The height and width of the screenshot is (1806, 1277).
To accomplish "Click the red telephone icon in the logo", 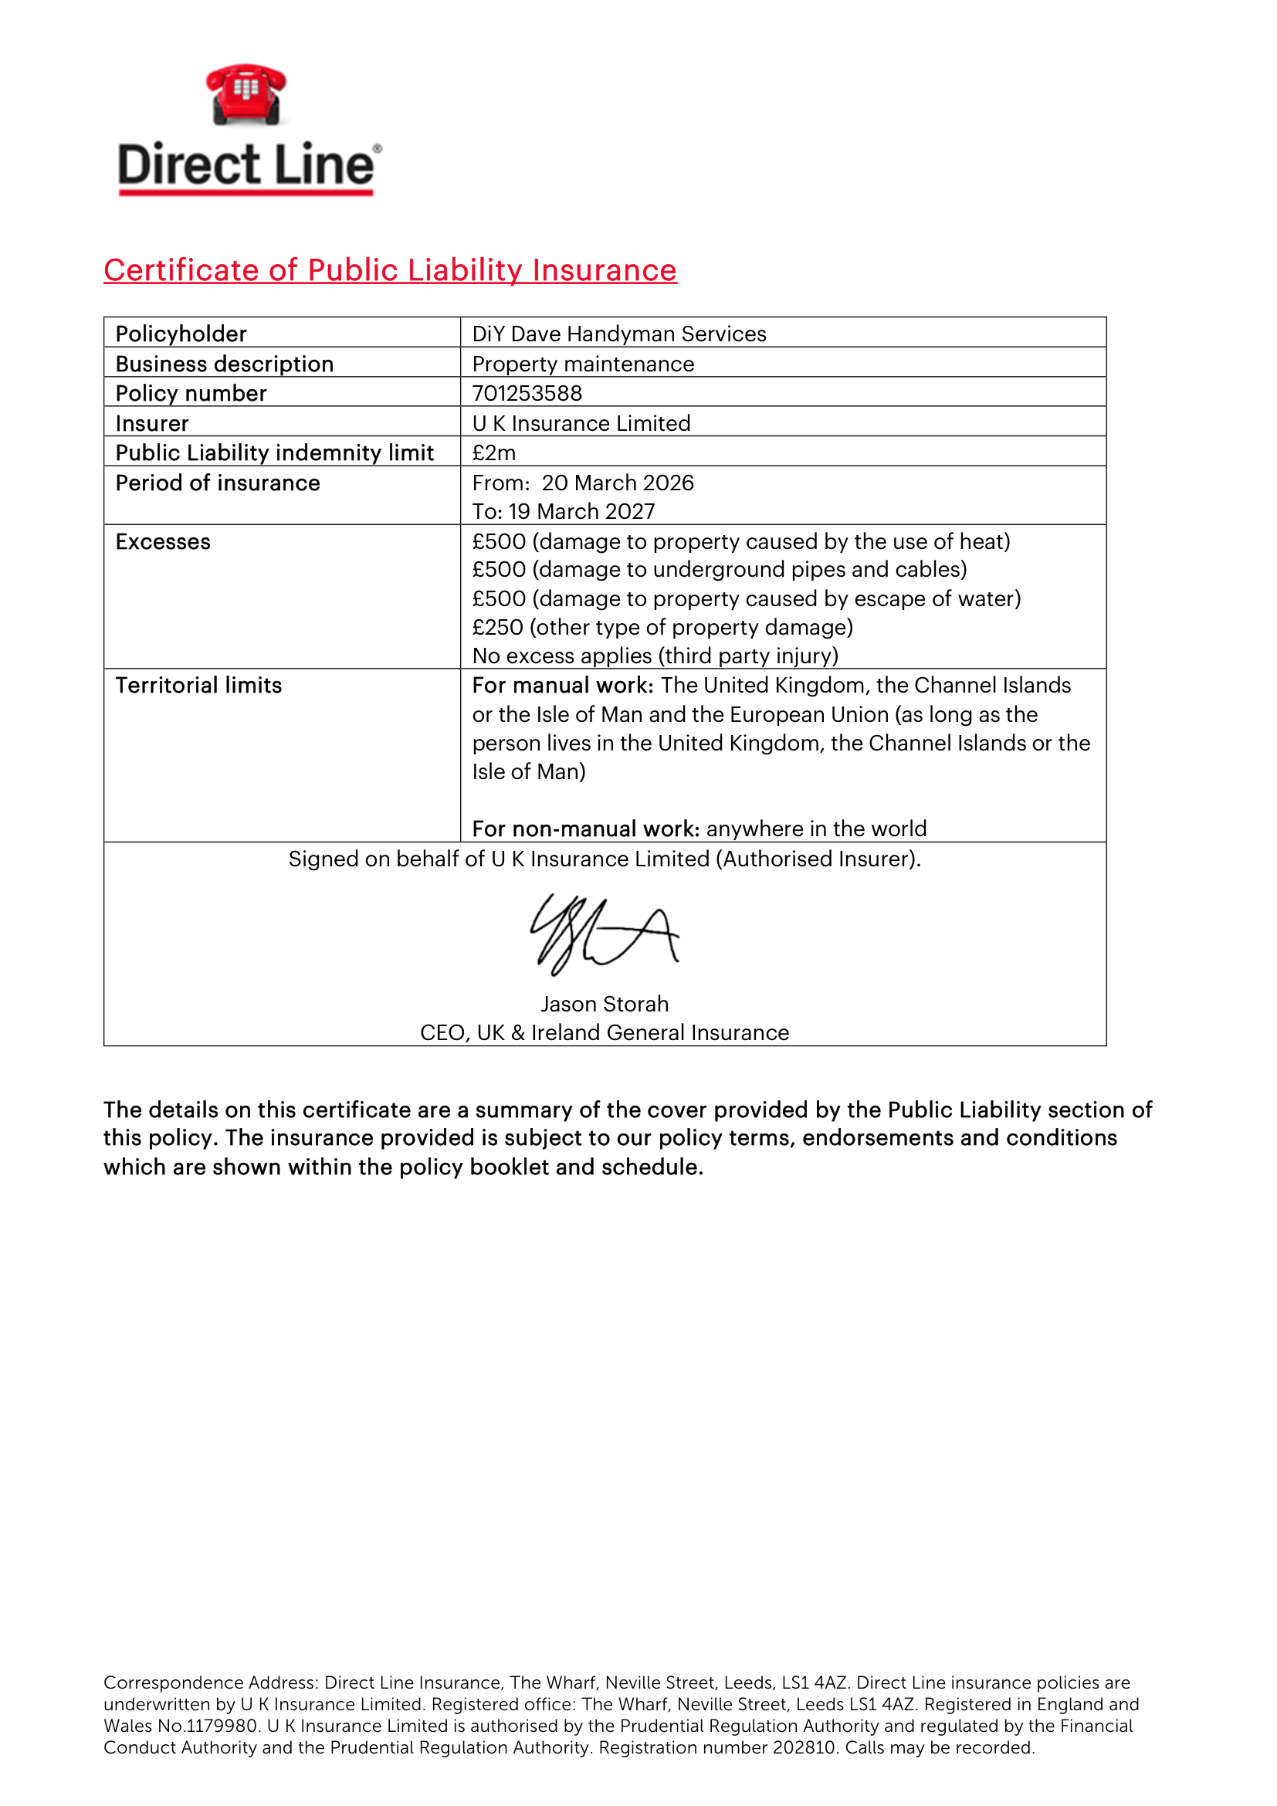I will tap(246, 94).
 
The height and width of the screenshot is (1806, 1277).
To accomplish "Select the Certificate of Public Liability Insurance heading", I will tap(390, 269).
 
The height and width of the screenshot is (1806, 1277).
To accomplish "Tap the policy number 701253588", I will tap(527, 393).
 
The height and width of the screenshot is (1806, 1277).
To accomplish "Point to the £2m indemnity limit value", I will tap(494, 453).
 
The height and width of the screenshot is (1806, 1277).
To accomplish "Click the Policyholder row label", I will tap(181, 334).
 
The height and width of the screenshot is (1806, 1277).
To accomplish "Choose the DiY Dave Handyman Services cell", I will tap(619, 334).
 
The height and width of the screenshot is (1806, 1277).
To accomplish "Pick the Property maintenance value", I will tap(583, 364).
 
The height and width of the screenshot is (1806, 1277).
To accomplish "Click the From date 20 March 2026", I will tap(618, 483).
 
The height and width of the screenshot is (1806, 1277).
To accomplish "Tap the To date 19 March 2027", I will tap(581, 512).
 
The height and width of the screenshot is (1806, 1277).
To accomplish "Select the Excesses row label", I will tap(163, 542).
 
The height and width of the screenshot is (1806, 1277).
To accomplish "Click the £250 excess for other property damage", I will tap(662, 628).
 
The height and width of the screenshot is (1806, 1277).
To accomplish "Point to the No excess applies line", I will tap(655, 656).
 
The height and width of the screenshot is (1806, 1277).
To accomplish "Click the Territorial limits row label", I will tap(198, 686).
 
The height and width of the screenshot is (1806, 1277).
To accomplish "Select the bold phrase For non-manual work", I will tap(586, 829).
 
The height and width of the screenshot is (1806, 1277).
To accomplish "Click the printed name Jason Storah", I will tap(604, 1005).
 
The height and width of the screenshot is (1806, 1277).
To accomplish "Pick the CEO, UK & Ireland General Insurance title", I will tap(604, 1033).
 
